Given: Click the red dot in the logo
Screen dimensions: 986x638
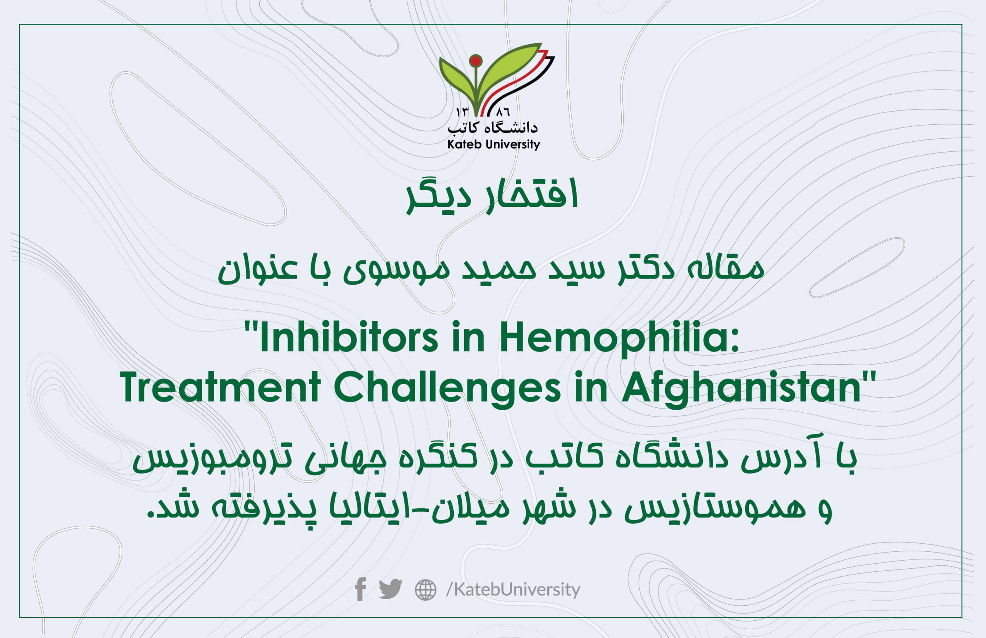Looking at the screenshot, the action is pos(476,61).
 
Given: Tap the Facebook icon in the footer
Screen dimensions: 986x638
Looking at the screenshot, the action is pos(361,589).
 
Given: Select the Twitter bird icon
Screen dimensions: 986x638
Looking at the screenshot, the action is pos(390,589).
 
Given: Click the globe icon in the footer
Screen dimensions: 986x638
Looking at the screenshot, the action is pos(426,589).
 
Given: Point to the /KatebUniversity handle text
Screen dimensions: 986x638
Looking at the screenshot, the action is pos(513,589).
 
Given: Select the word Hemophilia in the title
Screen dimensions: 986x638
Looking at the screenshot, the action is pos(619,338).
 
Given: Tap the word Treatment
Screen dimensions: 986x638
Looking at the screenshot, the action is pos(220,387).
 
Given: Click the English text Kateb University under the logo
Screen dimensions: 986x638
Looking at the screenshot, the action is pos(493,144).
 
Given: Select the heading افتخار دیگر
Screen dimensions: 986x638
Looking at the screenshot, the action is pos(492,196).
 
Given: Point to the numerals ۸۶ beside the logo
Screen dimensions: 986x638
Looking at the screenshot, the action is pos(503,111).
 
